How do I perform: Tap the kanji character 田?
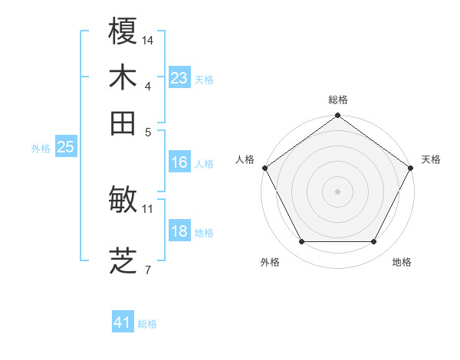pyautogui.click(x=123, y=123)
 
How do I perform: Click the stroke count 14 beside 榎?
pyautogui.click(x=149, y=38)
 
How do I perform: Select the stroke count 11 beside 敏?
pyautogui.click(x=148, y=208)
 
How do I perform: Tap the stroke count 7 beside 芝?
pyautogui.click(x=148, y=269)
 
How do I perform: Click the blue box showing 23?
pyautogui.click(x=179, y=78)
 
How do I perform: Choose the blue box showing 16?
pyautogui.click(x=179, y=162)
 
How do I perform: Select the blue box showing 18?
pyautogui.click(x=179, y=231)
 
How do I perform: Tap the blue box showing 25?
pyautogui.click(x=65, y=147)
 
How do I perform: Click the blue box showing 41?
pyautogui.click(x=123, y=322)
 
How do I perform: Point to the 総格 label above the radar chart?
pyautogui.click(x=338, y=100)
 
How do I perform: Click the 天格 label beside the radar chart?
pyautogui.click(x=431, y=159)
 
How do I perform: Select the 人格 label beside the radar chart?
pyautogui.click(x=245, y=159)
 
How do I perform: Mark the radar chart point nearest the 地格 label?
pyautogui.click(x=374, y=242)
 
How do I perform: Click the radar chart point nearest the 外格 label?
pyautogui.click(x=301, y=242)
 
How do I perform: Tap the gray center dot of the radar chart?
pyautogui.click(x=338, y=191)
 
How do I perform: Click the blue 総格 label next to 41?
pyautogui.click(x=147, y=324)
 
